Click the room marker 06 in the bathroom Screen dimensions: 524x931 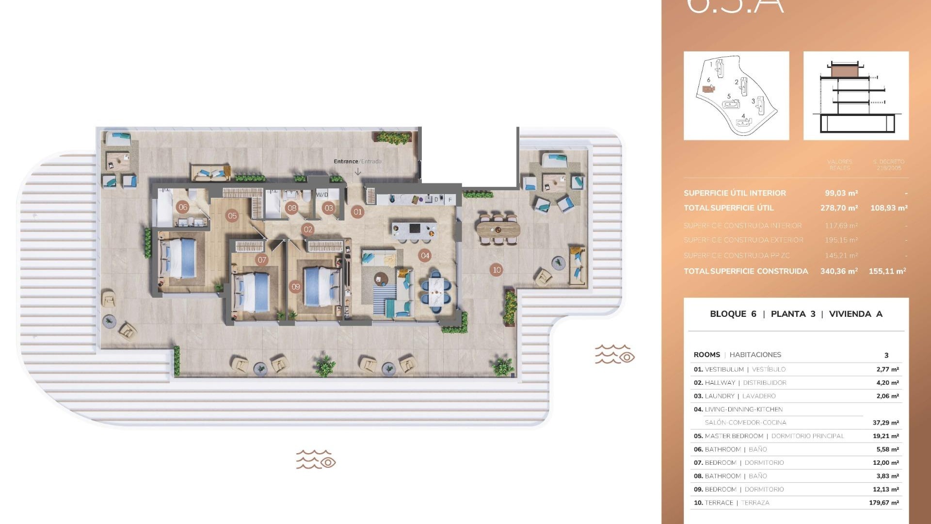(183, 207)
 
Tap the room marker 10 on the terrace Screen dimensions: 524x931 (497, 270)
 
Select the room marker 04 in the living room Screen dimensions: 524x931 (425, 255)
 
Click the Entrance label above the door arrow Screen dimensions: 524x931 (346, 161)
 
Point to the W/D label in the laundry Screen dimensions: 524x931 (322, 195)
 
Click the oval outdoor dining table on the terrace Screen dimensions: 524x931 (498, 229)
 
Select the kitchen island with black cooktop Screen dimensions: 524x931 (414, 229)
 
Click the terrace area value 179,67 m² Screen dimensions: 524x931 (883, 503)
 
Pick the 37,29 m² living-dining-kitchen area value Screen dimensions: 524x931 (885, 423)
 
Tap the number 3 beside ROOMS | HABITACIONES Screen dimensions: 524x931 (886, 355)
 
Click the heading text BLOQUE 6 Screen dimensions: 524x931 (733, 314)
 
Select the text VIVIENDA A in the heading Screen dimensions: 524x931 (855, 314)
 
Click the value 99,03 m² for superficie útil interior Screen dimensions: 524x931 (841, 193)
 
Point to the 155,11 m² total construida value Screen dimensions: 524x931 (887, 271)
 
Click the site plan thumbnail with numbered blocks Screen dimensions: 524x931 (736, 96)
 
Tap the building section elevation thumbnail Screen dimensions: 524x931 (856, 96)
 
